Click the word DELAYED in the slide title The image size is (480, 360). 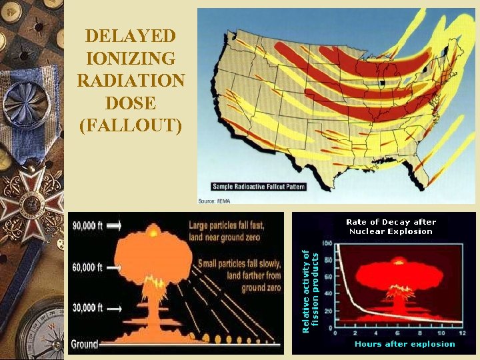coord(131,35)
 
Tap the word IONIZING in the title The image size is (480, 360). coord(131,58)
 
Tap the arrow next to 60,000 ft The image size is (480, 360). coord(113,267)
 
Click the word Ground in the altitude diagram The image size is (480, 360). coord(85,344)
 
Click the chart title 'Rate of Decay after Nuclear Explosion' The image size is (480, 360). coord(391,227)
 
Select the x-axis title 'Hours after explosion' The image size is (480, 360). coord(405,344)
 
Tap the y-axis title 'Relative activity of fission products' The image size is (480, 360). coord(311,291)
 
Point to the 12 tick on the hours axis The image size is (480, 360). coord(461,332)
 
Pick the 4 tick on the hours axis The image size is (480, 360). coord(377,332)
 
